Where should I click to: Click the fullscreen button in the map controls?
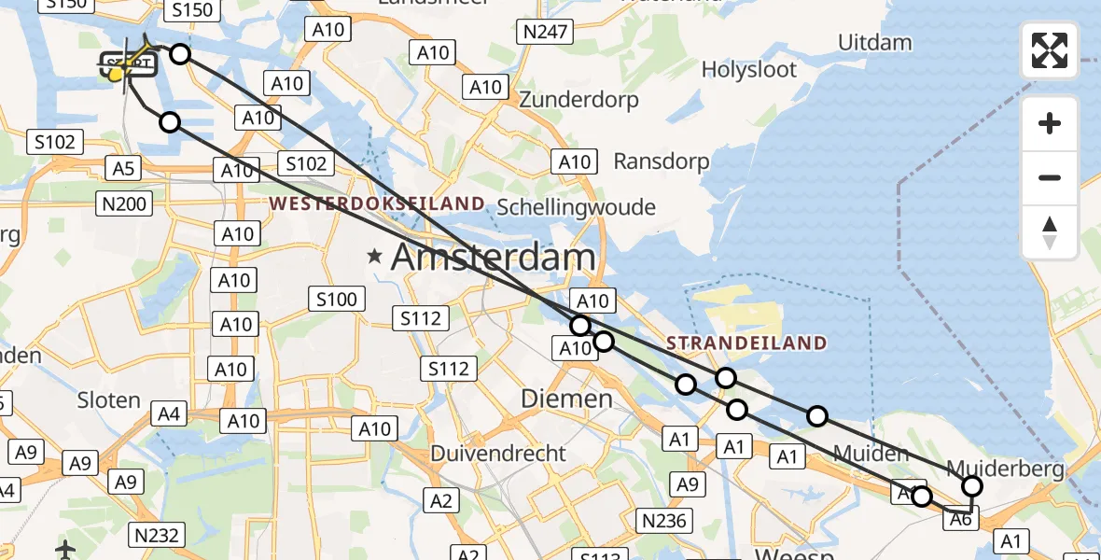pyautogui.click(x=1050, y=50)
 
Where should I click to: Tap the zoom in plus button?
pyautogui.click(x=1050, y=123)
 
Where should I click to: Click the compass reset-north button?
pyautogui.click(x=1050, y=231)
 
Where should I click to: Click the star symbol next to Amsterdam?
pyautogui.click(x=375, y=256)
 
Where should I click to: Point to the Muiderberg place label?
pyautogui.click(x=1005, y=469)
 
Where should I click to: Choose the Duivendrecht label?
pyautogui.click(x=498, y=454)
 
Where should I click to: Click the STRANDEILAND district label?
pyautogui.click(x=746, y=343)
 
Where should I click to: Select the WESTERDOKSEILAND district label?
pyautogui.click(x=378, y=203)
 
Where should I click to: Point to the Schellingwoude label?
pyautogui.click(x=577, y=207)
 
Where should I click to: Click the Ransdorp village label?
pyautogui.click(x=661, y=161)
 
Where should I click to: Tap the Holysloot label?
pyautogui.click(x=749, y=69)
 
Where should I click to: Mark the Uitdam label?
pyautogui.click(x=874, y=42)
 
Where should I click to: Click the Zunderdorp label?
pyautogui.click(x=578, y=99)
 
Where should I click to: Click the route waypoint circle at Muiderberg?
pyautogui.click(x=972, y=486)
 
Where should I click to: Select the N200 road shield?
pyautogui.click(x=125, y=203)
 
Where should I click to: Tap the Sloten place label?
pyautogui.click(x=110, y=400)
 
